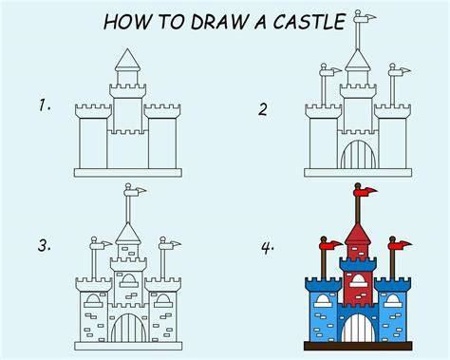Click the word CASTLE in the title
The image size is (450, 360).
click(309, 22)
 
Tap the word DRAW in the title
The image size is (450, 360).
click(219, 22)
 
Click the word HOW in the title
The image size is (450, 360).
click(127, 22)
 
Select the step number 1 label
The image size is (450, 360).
click(44, 105)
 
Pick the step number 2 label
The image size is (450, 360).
click(264, 109)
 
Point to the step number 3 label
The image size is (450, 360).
click(44, 245)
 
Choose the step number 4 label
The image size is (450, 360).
click(268, 247)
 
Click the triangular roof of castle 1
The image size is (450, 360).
click(127, 60)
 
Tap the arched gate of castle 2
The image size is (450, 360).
click(358, 155)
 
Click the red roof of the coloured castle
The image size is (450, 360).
click(358, 234)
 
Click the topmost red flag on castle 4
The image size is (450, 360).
click(366, 192)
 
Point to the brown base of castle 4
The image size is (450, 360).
click(358, 346)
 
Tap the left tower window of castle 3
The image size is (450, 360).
click(93, 301)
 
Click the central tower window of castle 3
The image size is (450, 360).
click(128, 280)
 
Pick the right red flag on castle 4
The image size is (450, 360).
click(401, 245)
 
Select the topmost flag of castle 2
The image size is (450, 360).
click(365, 18)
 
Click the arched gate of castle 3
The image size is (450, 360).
click(128, 328)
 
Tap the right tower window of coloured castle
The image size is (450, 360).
click(393, 301)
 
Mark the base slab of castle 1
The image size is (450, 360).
click(128, 173)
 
